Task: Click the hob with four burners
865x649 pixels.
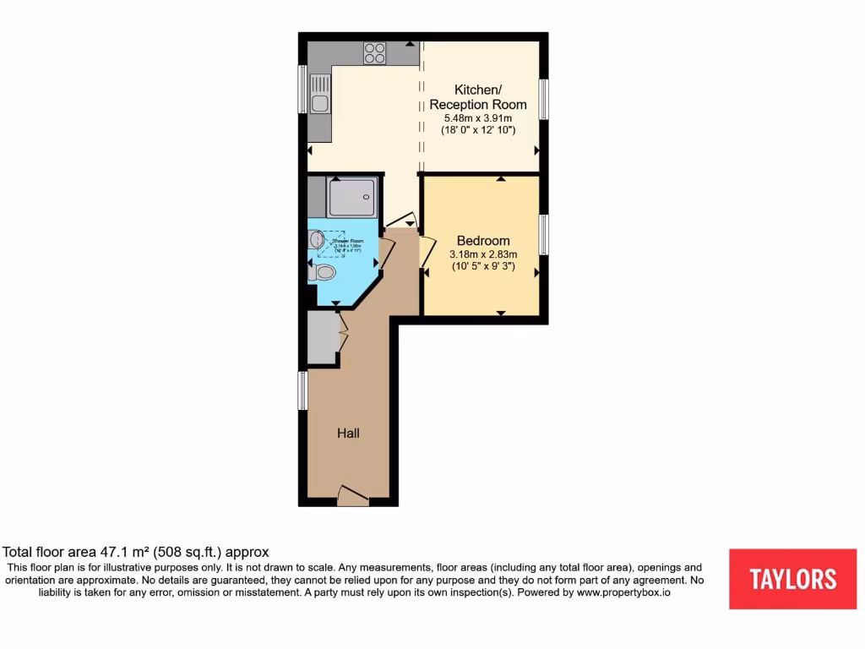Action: click(x=374, y=53)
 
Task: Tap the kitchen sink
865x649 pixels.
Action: click(x=319, y=95)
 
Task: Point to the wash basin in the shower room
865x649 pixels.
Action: click(x=317, y=240)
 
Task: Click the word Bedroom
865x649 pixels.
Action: click(x=483, y=240)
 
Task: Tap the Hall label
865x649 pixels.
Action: click(x=349, y=433)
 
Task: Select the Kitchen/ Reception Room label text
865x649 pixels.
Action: click(x=478, y=97)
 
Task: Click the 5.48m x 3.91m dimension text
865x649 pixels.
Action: click(x=478, y=118)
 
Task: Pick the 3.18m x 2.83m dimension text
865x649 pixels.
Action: click(x=483, y=254)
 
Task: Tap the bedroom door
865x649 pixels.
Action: click(x=427, y=251)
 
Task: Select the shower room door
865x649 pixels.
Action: click(x=386, y=253)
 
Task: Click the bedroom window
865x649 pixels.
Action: click(x=545, y=234)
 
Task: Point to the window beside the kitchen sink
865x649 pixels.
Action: click(x=302, y=89)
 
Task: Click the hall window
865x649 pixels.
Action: click(x=302, y=391)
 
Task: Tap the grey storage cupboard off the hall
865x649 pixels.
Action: click(x=323, y=338)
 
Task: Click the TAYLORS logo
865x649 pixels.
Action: click(x=792, y=579)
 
